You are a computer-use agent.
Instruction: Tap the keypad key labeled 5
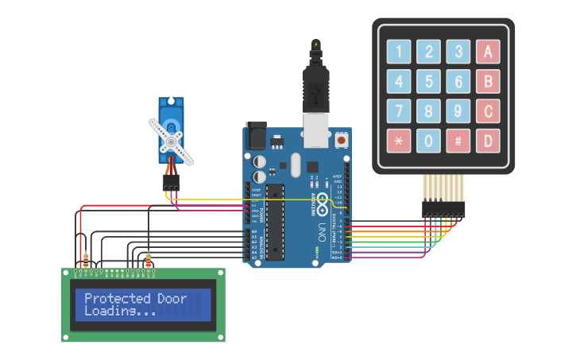point(428,81)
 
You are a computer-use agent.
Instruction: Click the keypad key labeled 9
point(458,110)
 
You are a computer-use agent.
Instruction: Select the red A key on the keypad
point(488,52)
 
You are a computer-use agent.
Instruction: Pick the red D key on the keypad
point(488,141)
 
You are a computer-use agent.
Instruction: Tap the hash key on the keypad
point(458,141)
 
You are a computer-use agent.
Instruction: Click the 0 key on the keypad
point(428,141)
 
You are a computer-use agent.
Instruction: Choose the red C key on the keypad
point(488,110)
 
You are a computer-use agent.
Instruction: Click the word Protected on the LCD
point(117,299)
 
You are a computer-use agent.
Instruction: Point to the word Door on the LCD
point(172,299)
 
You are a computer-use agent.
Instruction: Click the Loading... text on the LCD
point(120,312)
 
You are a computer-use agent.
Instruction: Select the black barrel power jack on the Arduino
point(255,134)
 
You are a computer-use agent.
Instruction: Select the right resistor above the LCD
point(149,260)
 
